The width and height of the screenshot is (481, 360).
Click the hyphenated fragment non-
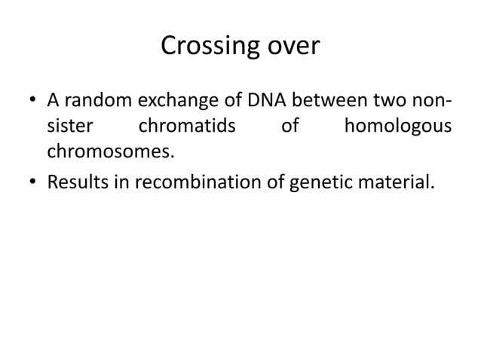pos(434,100)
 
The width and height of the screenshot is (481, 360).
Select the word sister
pos(69,127)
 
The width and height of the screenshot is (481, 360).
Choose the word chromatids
pos(187,127)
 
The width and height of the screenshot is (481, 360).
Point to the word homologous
pos(397,127)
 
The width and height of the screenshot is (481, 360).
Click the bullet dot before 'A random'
pos(33,101)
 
